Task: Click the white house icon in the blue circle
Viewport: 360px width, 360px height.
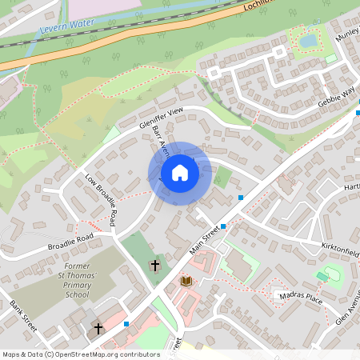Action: (x=180, y=173)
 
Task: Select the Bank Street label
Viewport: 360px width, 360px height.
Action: (x=24, y=318)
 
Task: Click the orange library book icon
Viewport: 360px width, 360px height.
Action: (x=186, y=281)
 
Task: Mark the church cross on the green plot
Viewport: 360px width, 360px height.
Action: (x=154, y=264)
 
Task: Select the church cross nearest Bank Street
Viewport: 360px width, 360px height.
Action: (x=98, y=328)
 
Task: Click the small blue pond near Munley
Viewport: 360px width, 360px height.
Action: (x=308, y=40)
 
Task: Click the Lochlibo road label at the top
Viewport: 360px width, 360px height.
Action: (x=261, y=6)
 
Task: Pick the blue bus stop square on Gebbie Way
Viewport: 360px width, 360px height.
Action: (x=357, y=112)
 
